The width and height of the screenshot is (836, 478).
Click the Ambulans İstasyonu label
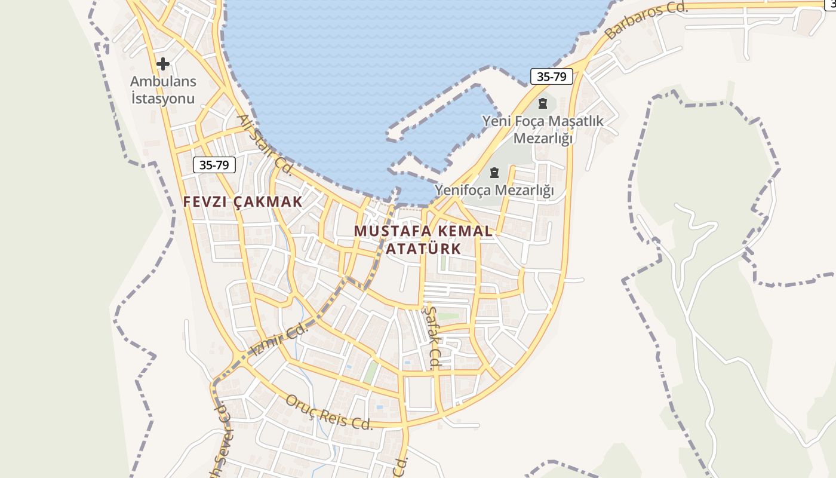(x=163, y=90)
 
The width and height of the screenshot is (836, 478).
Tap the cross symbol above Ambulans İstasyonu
(x=162, y=63)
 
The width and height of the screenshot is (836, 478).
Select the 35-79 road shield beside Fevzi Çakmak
(x=214, y=165)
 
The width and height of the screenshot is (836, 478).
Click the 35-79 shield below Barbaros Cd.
(x=551, y=76)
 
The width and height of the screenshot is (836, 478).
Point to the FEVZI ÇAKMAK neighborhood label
(x=243, y=202)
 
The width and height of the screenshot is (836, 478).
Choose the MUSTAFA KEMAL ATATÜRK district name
(x=423, y=240)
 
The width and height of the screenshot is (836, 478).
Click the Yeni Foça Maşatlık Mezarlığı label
(x=543, y=130)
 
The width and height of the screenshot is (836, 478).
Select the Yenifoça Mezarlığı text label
(x=494, y=191)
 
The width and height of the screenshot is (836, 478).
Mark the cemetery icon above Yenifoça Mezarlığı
(x=494, y=173)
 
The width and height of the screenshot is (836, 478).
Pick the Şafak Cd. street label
(x=432, y=337)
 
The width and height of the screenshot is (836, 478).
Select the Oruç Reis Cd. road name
(x=329, y=412)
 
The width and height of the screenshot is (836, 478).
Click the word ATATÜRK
(x=423, y=249)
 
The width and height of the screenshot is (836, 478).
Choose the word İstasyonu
(x=163, y=99)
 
